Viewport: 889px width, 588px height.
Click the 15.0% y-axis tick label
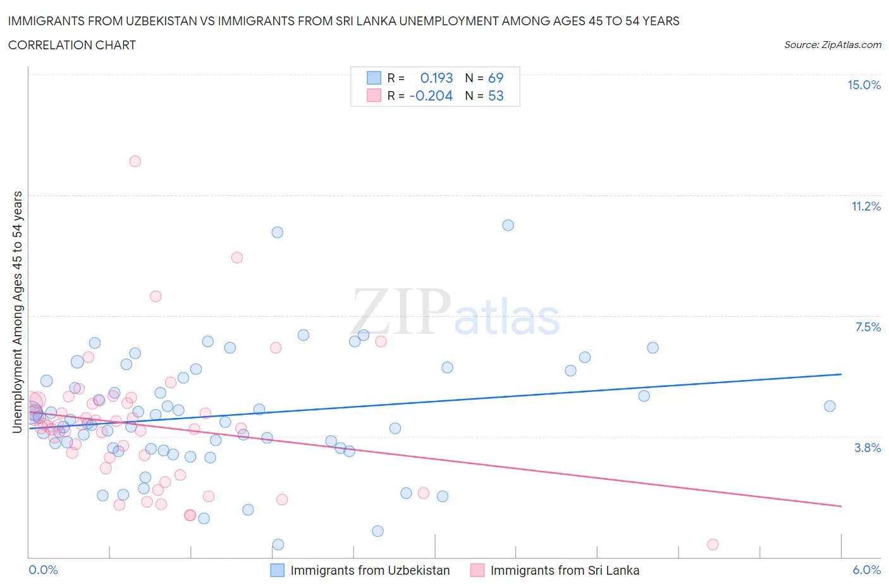864,85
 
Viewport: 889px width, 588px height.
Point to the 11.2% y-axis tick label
866,206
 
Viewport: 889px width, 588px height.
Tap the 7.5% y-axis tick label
868,327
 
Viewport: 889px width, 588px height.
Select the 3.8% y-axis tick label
868,448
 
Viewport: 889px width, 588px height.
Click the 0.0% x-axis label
43,570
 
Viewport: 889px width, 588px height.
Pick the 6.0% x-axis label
866,570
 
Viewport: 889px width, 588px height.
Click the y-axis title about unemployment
17,312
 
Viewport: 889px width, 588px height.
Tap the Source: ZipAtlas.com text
832,44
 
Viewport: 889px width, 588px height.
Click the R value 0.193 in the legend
436,78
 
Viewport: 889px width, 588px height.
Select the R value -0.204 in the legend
431,95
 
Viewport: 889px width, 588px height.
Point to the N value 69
496,78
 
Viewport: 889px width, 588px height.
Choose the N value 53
496,95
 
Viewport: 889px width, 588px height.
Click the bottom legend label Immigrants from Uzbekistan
370,570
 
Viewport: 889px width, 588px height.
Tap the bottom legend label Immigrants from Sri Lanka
565,570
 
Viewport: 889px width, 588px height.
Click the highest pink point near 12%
135,161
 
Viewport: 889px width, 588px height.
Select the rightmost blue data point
830,406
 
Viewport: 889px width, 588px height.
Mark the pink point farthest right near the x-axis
713,544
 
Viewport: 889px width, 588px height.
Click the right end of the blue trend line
841,374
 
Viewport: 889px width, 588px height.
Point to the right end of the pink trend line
841,506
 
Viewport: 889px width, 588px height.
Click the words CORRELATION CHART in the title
72,45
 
